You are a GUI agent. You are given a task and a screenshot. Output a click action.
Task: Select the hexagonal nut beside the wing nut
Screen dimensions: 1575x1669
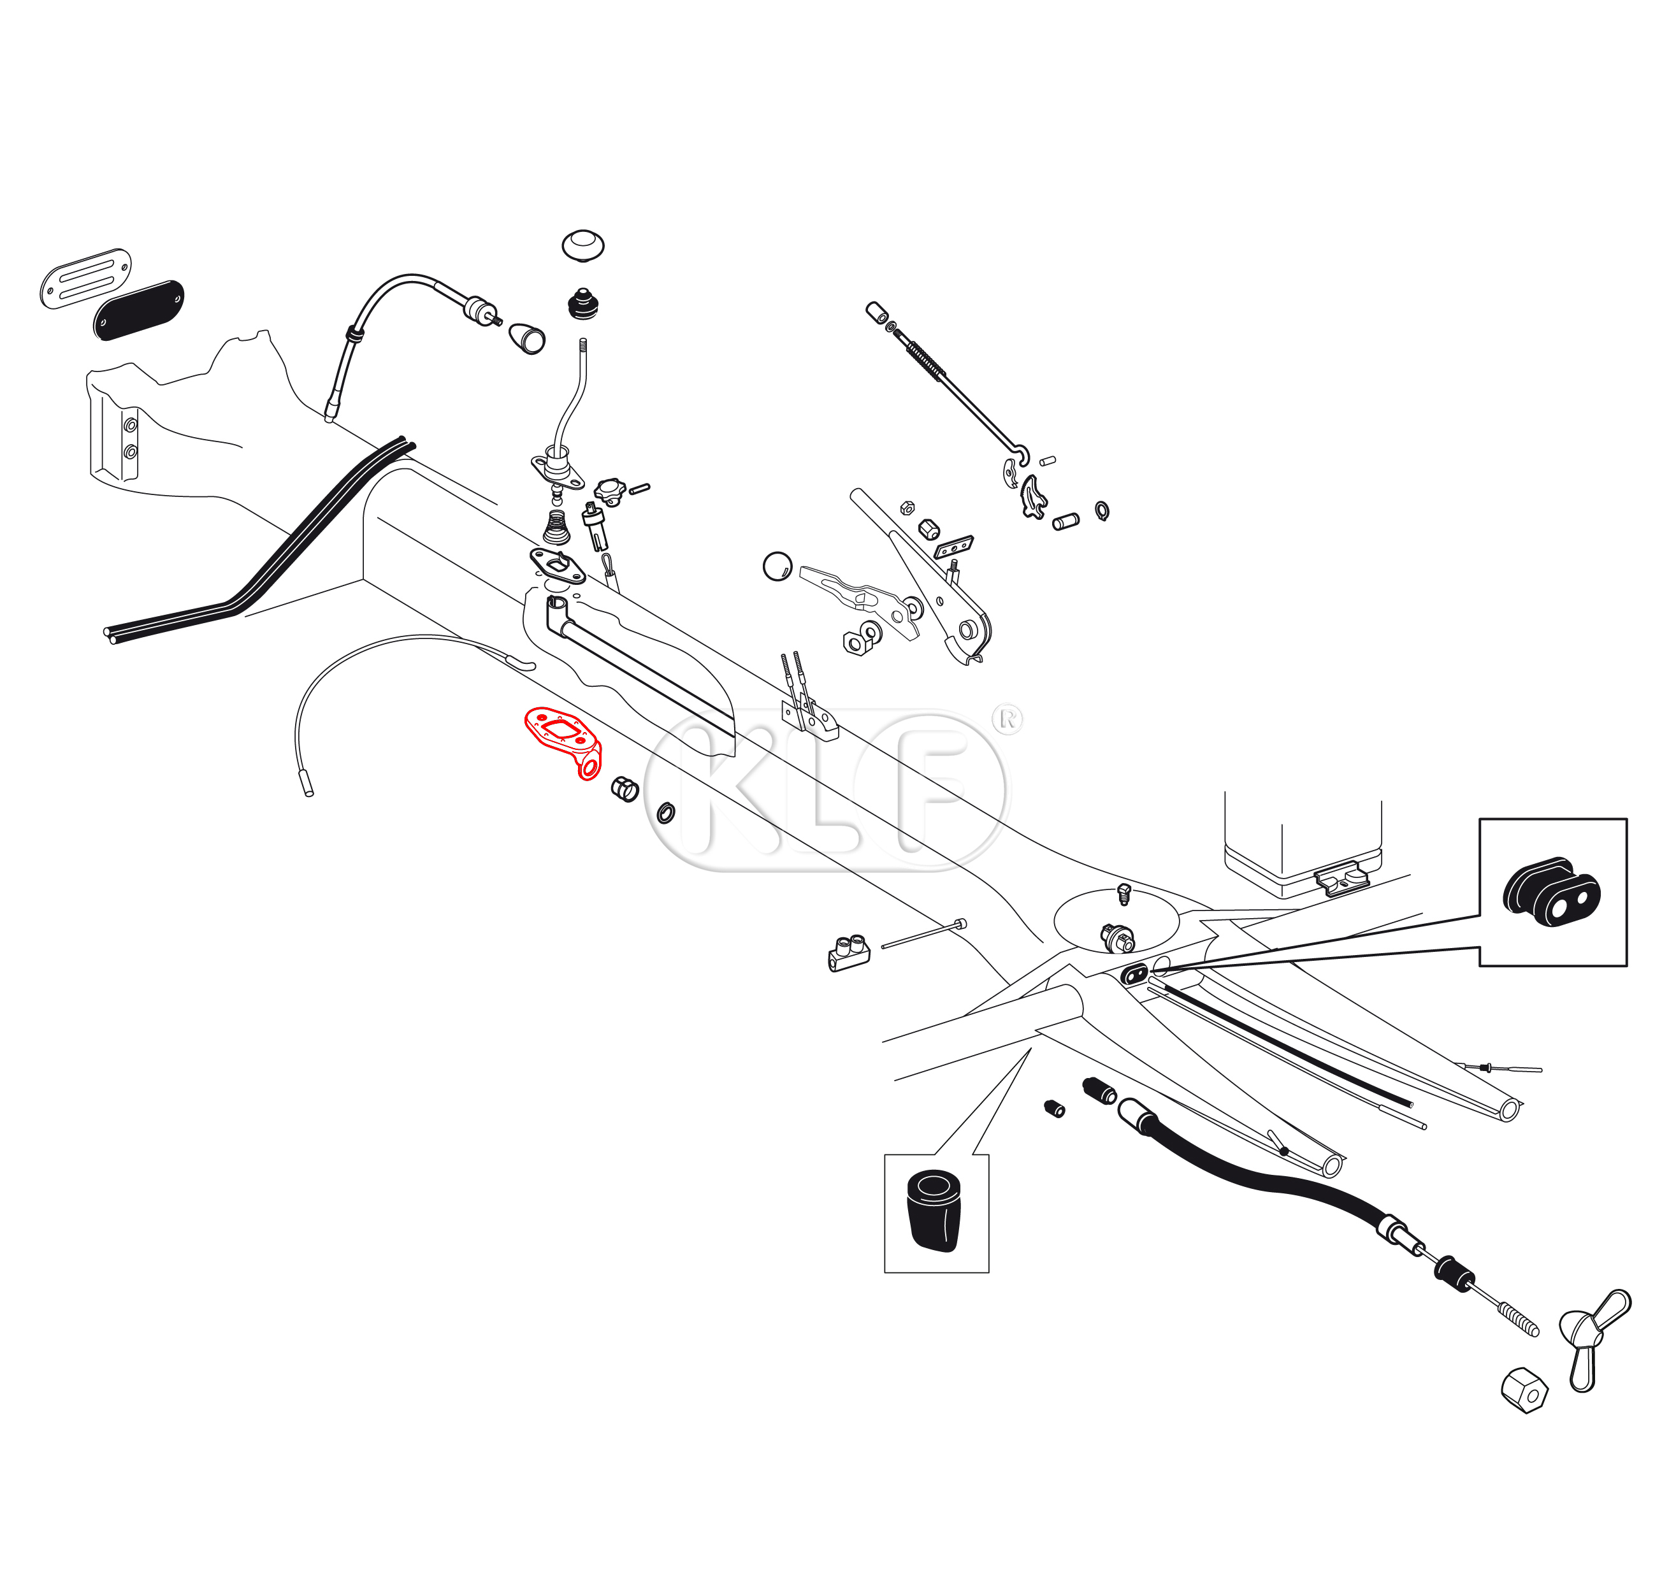(1524, 1391)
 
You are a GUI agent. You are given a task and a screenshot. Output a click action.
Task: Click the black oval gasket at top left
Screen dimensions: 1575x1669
(138, 310)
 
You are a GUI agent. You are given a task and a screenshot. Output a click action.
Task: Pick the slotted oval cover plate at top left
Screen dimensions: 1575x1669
(85, 278)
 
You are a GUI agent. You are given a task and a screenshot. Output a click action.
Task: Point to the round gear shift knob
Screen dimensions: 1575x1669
(582, 245)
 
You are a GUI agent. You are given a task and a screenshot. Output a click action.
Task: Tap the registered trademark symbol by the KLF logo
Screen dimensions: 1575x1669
(1008, 719)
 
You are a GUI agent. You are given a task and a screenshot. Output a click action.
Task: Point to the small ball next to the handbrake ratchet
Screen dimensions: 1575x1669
(777, 566)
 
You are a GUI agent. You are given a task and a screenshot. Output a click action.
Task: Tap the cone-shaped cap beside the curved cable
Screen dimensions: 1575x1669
(527, 338)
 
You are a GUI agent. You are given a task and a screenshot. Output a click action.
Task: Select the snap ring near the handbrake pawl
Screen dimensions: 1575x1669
(1101, 510)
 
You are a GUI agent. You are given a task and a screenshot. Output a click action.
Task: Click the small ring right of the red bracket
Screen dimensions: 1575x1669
(666, 813)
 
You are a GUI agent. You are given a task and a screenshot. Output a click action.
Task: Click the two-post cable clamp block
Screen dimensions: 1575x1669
(849, 953)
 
